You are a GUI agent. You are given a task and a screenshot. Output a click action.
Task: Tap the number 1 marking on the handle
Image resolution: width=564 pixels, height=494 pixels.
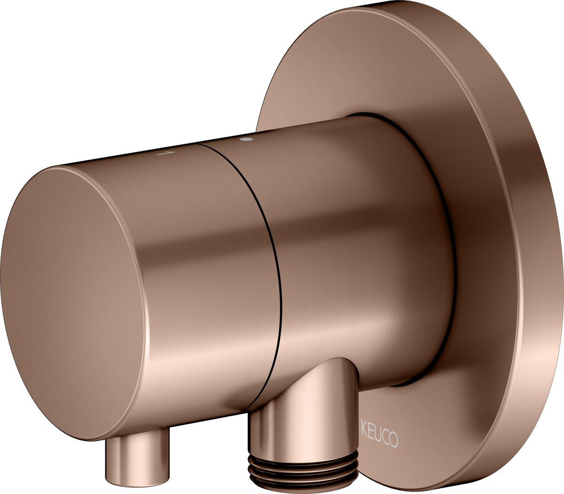tap(166, 153)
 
